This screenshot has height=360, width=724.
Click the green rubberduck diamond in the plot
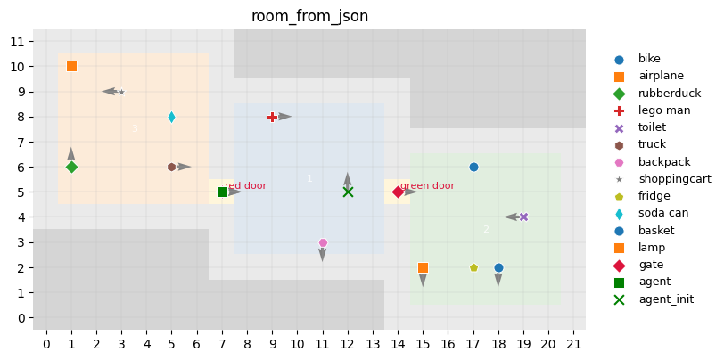coord(71,167)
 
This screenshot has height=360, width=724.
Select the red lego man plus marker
coord(272,117)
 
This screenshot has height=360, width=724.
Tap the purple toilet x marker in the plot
coord(523,217)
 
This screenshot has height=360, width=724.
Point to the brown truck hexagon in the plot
coord(171,167)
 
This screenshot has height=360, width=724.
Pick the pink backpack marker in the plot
coord(323,242)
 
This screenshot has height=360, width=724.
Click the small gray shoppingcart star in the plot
coord(121,92)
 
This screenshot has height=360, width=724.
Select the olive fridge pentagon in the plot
coord(473,267)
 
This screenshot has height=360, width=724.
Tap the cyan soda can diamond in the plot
coord(171,117)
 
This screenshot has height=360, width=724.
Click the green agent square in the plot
coord(222,192)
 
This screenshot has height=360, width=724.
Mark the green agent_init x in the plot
coord(348,192)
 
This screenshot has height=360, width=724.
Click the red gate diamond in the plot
coord(398,192)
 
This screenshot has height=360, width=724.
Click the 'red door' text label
coord(245,186)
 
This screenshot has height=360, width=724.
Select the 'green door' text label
coord(427,186)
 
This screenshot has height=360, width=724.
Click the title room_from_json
coord(309,16)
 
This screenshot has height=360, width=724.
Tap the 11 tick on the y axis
coord(17,41)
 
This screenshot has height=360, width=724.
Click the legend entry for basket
coord(656,230)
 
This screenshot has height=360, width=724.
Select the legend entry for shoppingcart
coord(674,179)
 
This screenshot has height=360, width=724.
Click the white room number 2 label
coord(486,229)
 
